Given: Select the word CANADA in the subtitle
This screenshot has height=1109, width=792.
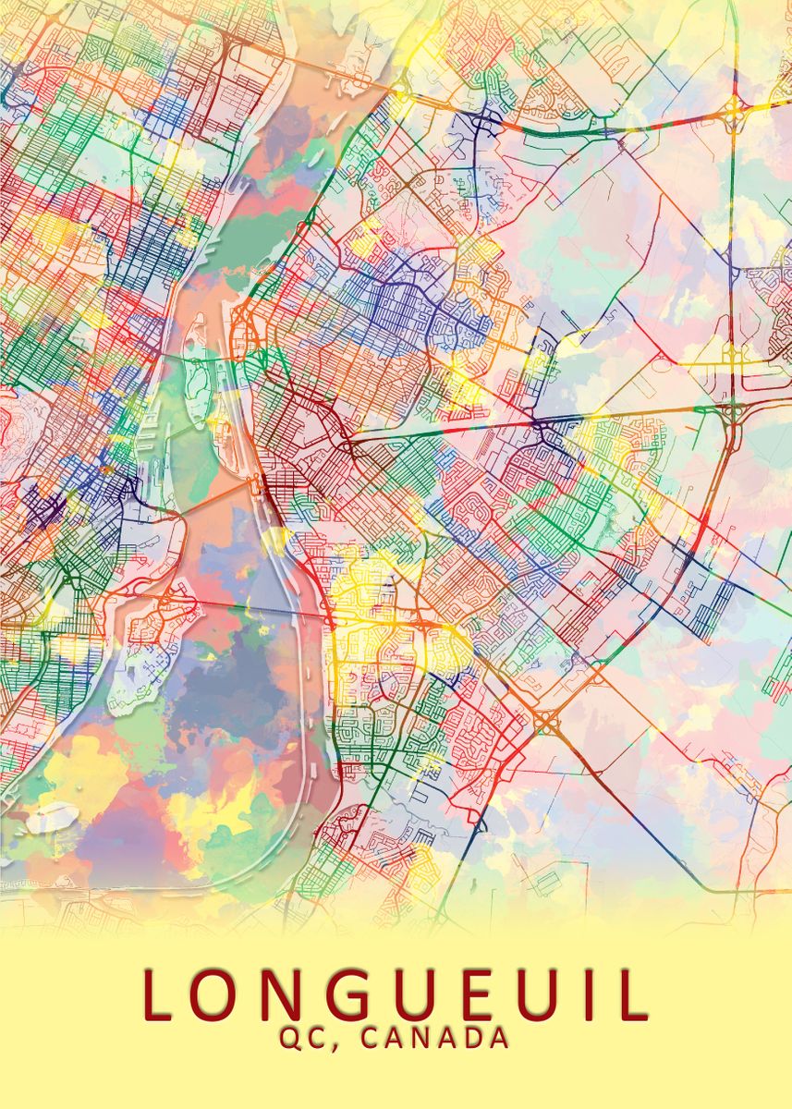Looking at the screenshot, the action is coord(434,1038).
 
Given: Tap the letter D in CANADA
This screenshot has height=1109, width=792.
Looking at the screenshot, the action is coord(470,1038).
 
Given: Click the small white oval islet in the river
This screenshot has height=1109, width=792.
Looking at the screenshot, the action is coord(54,816).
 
